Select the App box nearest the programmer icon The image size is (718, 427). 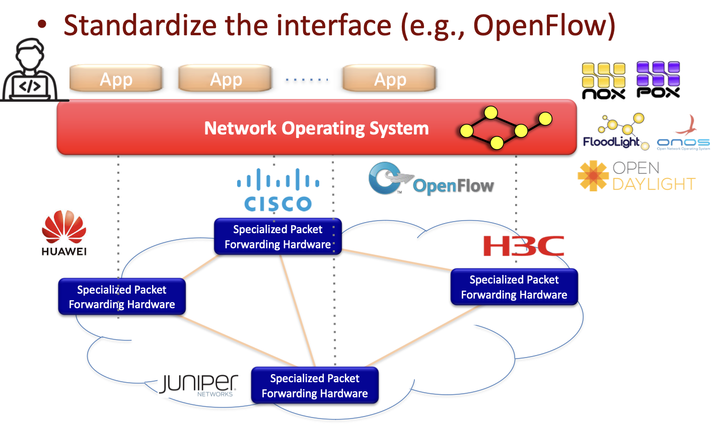116,79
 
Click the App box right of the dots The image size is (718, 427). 389,79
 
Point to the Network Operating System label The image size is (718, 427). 316,128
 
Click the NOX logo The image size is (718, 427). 604,81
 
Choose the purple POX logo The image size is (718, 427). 658,80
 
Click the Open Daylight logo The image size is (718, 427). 637,176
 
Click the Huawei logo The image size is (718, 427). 64,233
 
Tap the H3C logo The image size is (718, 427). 524,246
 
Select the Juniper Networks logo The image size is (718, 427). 198,385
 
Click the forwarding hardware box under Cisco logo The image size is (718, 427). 277,237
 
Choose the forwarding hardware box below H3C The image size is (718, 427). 514,287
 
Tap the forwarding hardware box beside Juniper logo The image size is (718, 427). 315,386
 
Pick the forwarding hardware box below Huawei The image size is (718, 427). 122,297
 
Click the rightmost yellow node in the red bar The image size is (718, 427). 545,119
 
